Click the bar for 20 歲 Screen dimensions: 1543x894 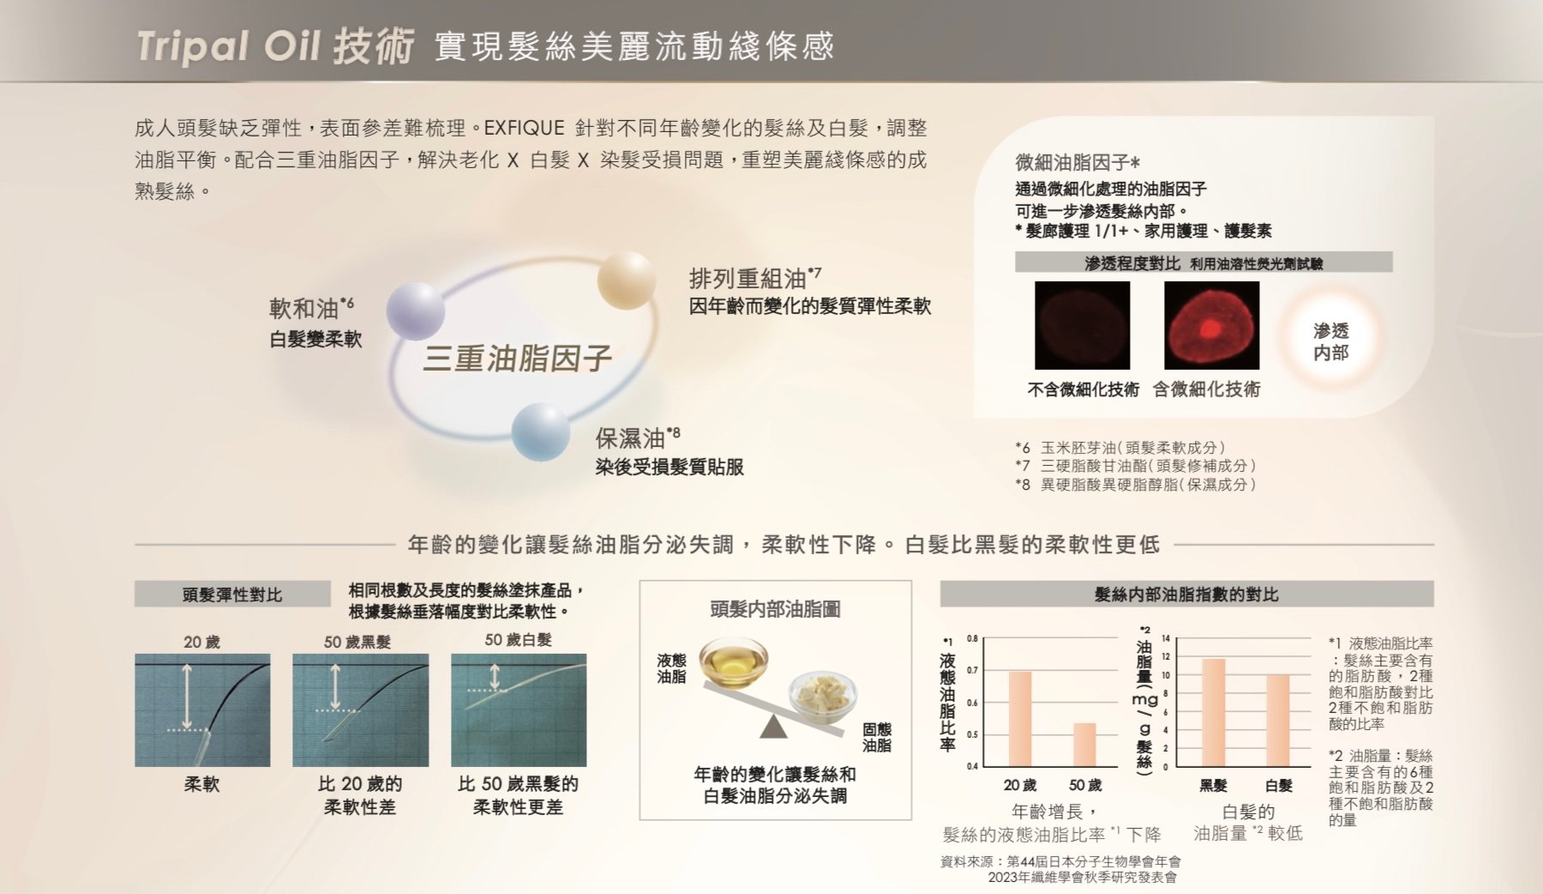coord(1020,718)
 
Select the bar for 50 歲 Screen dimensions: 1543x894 coord(1084,745)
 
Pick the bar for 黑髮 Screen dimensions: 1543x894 coord(1213,712)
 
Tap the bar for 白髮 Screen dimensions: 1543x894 coord(1277,721)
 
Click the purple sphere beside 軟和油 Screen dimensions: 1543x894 coord(416,311)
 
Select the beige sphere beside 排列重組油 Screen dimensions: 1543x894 coord(627,281)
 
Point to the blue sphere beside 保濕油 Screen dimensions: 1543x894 coord(541,432)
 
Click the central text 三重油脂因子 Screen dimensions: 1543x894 coord(517,358)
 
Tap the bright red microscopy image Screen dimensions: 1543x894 coord(1211,325)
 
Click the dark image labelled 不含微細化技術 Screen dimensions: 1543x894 coord(1082,325)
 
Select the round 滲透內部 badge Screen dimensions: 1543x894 coord(1330,341)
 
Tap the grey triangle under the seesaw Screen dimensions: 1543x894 coord(773,727)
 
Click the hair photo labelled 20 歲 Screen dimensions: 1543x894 coord(202,710)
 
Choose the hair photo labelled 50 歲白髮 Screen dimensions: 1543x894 coord(519,710)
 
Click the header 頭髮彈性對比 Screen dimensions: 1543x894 coord(232,595)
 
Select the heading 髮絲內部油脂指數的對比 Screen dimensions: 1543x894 coord(1186,594)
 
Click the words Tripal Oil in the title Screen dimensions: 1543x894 coord(229,46)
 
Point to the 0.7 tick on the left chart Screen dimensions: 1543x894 coord(972,670)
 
